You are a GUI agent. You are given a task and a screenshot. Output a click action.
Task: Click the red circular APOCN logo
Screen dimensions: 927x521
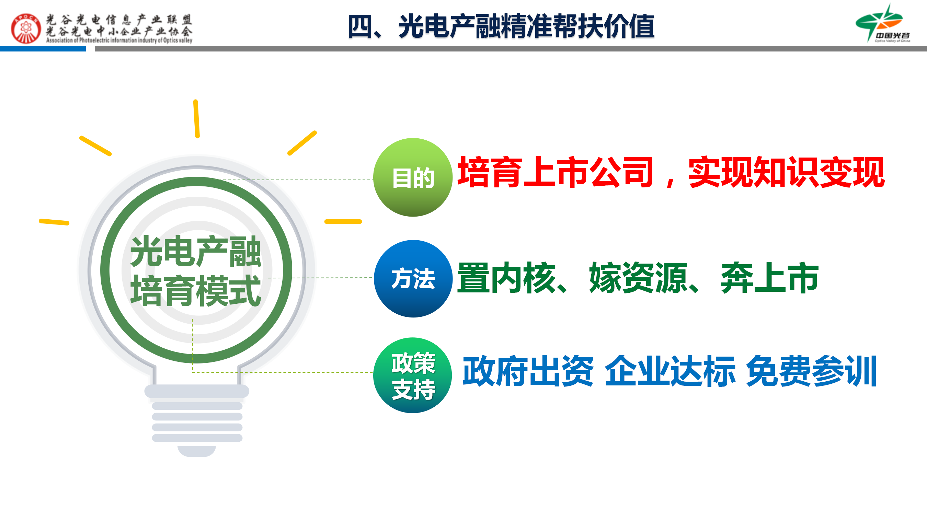click(26, 28)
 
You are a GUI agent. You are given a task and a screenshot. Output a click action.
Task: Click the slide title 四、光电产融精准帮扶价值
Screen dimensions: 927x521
click(501, 26)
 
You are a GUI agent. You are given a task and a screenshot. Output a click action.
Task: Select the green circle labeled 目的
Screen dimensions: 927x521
click(413, 177)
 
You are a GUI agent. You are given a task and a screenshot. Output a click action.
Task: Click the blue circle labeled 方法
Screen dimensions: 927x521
click(413, 278)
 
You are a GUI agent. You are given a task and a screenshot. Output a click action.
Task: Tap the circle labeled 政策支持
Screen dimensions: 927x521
click(413, 375)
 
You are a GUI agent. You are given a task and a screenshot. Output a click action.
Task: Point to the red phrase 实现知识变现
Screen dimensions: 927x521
click(786, 172)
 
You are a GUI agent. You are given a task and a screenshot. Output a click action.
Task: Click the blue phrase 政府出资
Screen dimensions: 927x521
click(528, 371)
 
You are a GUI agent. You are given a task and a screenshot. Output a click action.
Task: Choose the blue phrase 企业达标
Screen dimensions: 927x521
click(670, 371)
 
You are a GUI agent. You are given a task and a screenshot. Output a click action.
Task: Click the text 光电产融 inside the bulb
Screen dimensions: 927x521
click(195, 252)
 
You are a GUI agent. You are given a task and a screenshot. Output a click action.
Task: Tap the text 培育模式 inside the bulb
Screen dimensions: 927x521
click(195, 291)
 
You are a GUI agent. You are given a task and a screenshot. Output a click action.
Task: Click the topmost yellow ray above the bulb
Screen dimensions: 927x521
click(196, 119)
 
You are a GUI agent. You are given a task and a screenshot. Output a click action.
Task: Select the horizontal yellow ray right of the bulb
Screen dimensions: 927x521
click(343, 222)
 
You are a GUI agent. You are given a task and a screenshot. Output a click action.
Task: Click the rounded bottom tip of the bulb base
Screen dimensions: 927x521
click(196, 454)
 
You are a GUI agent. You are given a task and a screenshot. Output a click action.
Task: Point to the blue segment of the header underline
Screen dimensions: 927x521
click(43, 49)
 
